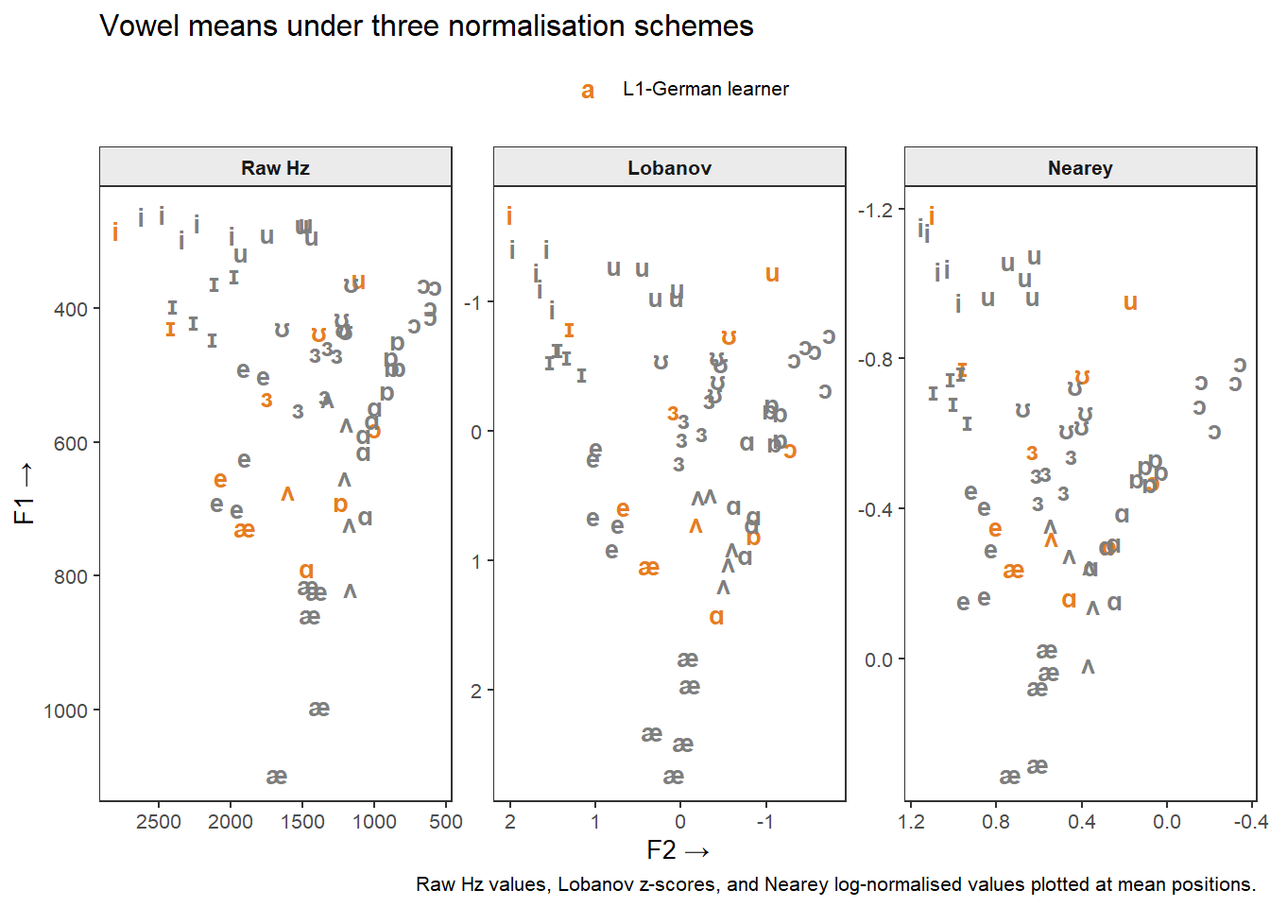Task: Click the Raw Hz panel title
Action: click(275, 168)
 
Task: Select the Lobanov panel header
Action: click(669, 168)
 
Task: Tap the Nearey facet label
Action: click(1080, 168)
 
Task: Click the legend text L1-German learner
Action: click(705, 89)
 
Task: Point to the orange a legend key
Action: click(588, 90)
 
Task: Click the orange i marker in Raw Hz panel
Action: click(115, 231)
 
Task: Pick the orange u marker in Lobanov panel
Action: click(772, 274)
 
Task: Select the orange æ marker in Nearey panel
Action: click(1013, 571)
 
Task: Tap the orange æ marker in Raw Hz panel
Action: click(244, 530)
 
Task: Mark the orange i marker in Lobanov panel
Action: click(509, 216)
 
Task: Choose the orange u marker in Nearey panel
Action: click(1130, 302)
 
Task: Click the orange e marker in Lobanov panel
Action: click(623, 509)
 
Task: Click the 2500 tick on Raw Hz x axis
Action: click(159, 821)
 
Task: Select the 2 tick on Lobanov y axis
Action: click(476, 691)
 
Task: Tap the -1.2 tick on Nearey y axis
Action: click(875, 210)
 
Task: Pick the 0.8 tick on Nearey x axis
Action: click(996, 821)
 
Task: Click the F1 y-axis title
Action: click(25, 493)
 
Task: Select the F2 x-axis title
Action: click(678, 850)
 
